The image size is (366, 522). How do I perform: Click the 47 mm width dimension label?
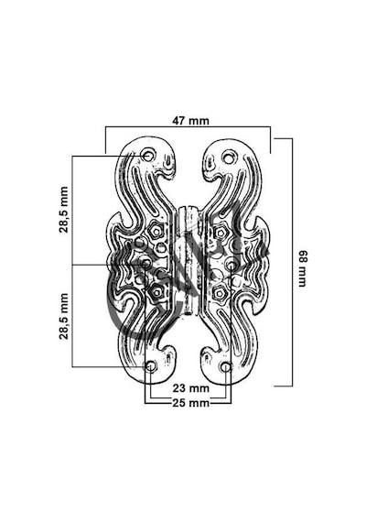[x=190, y=121]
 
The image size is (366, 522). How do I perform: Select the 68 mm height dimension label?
[x=303, y=268]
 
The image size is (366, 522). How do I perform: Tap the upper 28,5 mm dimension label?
[x=63, y=210]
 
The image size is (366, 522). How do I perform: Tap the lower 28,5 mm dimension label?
[x=63, y=316]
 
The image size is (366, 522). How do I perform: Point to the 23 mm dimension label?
[x=190, y=388]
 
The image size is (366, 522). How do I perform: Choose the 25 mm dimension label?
[x=190, y=403]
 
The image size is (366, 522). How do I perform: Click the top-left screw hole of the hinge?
[x=148, y=155]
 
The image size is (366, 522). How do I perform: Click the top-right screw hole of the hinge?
[x=229, y=156]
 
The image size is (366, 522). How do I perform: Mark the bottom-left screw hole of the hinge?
[x=151, y=367]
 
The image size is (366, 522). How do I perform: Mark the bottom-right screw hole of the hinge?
[x=226, y=367]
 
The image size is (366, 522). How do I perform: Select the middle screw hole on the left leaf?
[x=146, y=264]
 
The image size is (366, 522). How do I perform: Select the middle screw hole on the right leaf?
[x=231, y=265]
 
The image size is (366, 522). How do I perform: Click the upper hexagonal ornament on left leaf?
[x=156, y=230]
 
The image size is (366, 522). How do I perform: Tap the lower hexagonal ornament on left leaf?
[x=156, y=292]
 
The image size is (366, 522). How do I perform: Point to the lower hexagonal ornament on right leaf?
[x=219, y=293]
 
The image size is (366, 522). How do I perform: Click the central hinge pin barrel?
[x=188, y=261]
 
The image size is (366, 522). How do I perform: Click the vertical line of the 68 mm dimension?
[x=292, y=262]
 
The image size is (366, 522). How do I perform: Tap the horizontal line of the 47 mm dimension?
[x=188, y=126]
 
